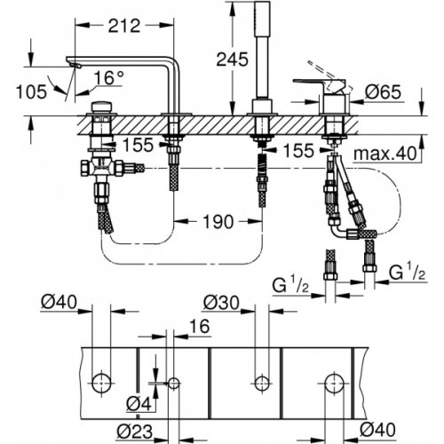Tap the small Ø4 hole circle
[173, 383]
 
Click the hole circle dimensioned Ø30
[262, 383]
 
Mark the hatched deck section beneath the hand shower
[262, 123]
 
